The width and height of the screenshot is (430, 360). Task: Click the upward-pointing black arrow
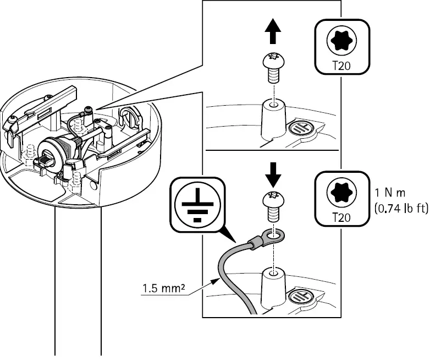273,31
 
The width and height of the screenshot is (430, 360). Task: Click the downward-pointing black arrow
273,175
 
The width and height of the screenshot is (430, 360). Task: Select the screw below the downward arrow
273,207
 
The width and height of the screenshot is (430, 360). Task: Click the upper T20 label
341,66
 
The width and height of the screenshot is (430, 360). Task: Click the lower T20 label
341,217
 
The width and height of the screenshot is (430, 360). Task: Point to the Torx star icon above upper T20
341,40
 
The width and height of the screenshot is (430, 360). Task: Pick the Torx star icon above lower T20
341,192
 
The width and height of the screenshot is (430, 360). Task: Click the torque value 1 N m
390,193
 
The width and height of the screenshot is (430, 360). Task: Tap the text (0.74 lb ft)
401,209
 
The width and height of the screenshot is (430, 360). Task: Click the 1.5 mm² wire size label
163,288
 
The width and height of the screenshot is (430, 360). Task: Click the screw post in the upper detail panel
273,118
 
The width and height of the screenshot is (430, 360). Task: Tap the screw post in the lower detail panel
273,287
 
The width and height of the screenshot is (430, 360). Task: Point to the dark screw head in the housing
89,110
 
